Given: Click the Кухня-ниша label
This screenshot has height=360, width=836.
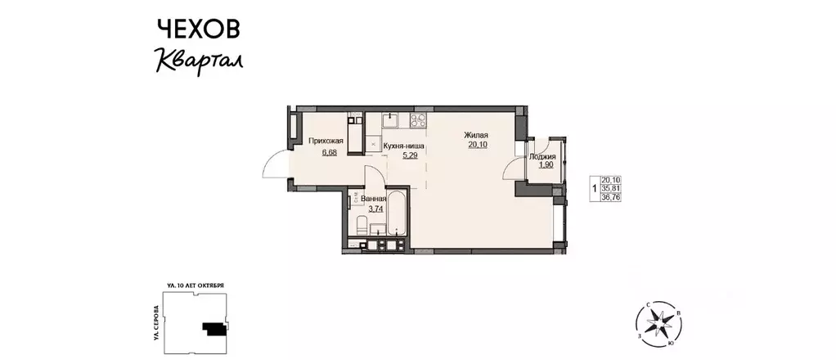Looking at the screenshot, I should pyautogui.click(x=403, y=146).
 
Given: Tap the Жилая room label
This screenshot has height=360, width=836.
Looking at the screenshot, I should pyautogui.click(x=476, y=135).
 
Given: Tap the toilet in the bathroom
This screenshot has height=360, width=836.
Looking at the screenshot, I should pyautogui.click(x=362, y=226).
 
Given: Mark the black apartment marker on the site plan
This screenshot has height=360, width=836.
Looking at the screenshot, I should pyautogui.click(x=214, y=328).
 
